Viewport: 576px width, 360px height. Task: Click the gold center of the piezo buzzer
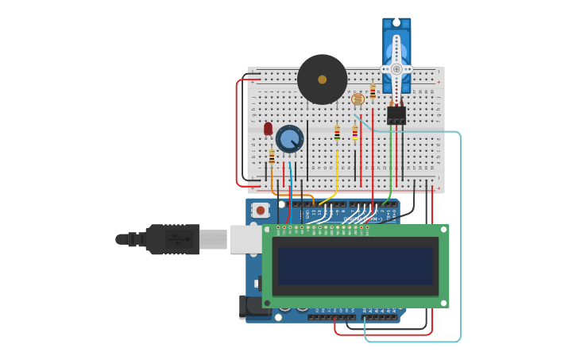(322, 79)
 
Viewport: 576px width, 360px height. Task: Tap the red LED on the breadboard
(269, 128)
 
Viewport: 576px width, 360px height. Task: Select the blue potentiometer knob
(290, 139)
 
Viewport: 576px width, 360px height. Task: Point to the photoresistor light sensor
(358, 99)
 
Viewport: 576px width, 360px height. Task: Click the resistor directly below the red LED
(272, 157)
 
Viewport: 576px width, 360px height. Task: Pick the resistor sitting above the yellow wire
(337, 134)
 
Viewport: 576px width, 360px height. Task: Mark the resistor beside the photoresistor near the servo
(373, 91)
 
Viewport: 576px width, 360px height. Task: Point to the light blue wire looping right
(459, 238)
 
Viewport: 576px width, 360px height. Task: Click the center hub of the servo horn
(396, 69)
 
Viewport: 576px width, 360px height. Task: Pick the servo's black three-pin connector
(396, 116)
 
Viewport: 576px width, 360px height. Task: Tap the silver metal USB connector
(213, 239)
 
